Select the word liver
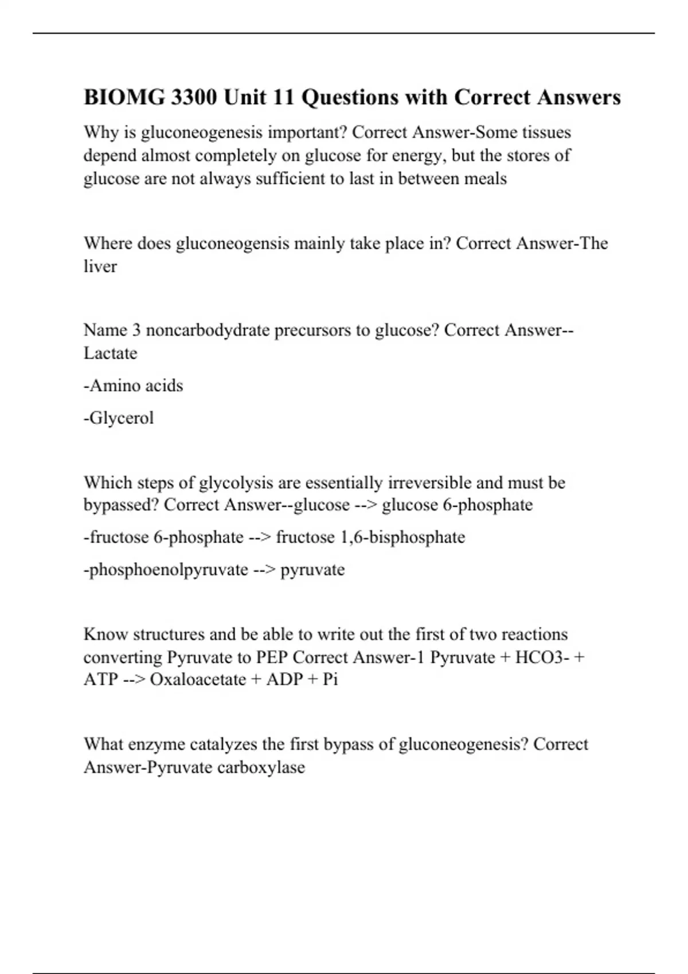pos(100,266)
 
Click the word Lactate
pos(111,353)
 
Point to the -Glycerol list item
pos(119,418)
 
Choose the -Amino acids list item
pos(134,386)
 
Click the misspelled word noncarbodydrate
pos(208,330)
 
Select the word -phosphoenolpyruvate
pos(166,570)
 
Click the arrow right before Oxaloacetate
pos(134,680)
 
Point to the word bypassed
pos(121,505)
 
